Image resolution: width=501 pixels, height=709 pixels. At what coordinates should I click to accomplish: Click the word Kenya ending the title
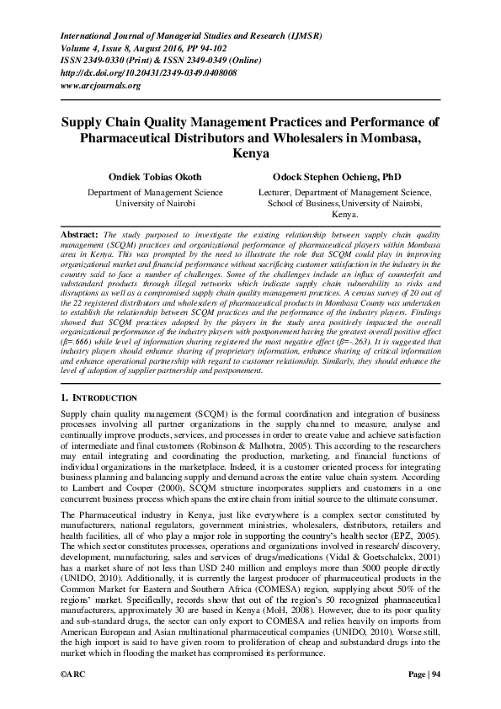249,154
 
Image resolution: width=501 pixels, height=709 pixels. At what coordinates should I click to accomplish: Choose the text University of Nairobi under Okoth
155,204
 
